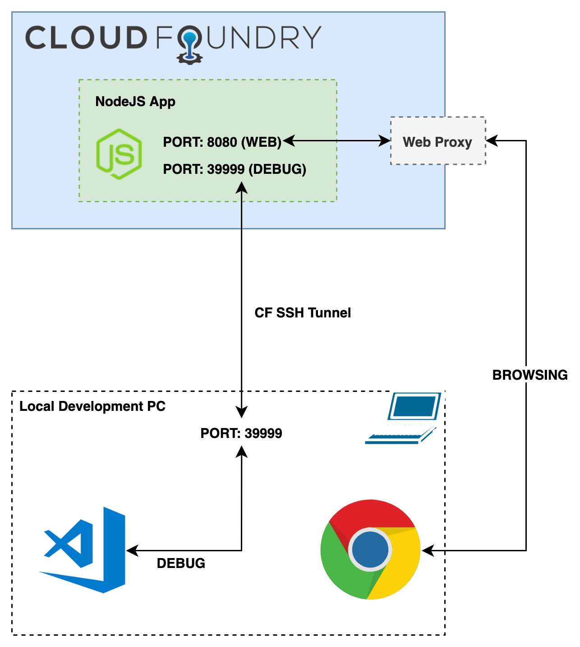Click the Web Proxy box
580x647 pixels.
click(437, 141)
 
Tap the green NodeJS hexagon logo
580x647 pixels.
click(119, 154)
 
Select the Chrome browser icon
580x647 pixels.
click(370, 549)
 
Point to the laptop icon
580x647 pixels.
click(403, 419)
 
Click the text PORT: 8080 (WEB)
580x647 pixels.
click(222, 142)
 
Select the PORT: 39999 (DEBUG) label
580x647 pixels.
click(235, 169)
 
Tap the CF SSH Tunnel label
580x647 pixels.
click(303, 313)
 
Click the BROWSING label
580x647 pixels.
click(530, 375)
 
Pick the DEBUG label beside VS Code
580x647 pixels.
click(181, 563)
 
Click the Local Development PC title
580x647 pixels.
click(92, 406)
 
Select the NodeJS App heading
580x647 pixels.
click(135, 102)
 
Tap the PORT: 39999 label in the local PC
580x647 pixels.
click(241, 433)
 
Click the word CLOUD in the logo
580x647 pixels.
click(86, 37)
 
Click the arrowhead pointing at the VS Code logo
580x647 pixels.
click(131, 551)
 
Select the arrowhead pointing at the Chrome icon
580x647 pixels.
click(427, 551)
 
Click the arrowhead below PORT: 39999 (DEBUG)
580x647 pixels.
click(242, 188)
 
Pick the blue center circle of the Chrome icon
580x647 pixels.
click(370, 549)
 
